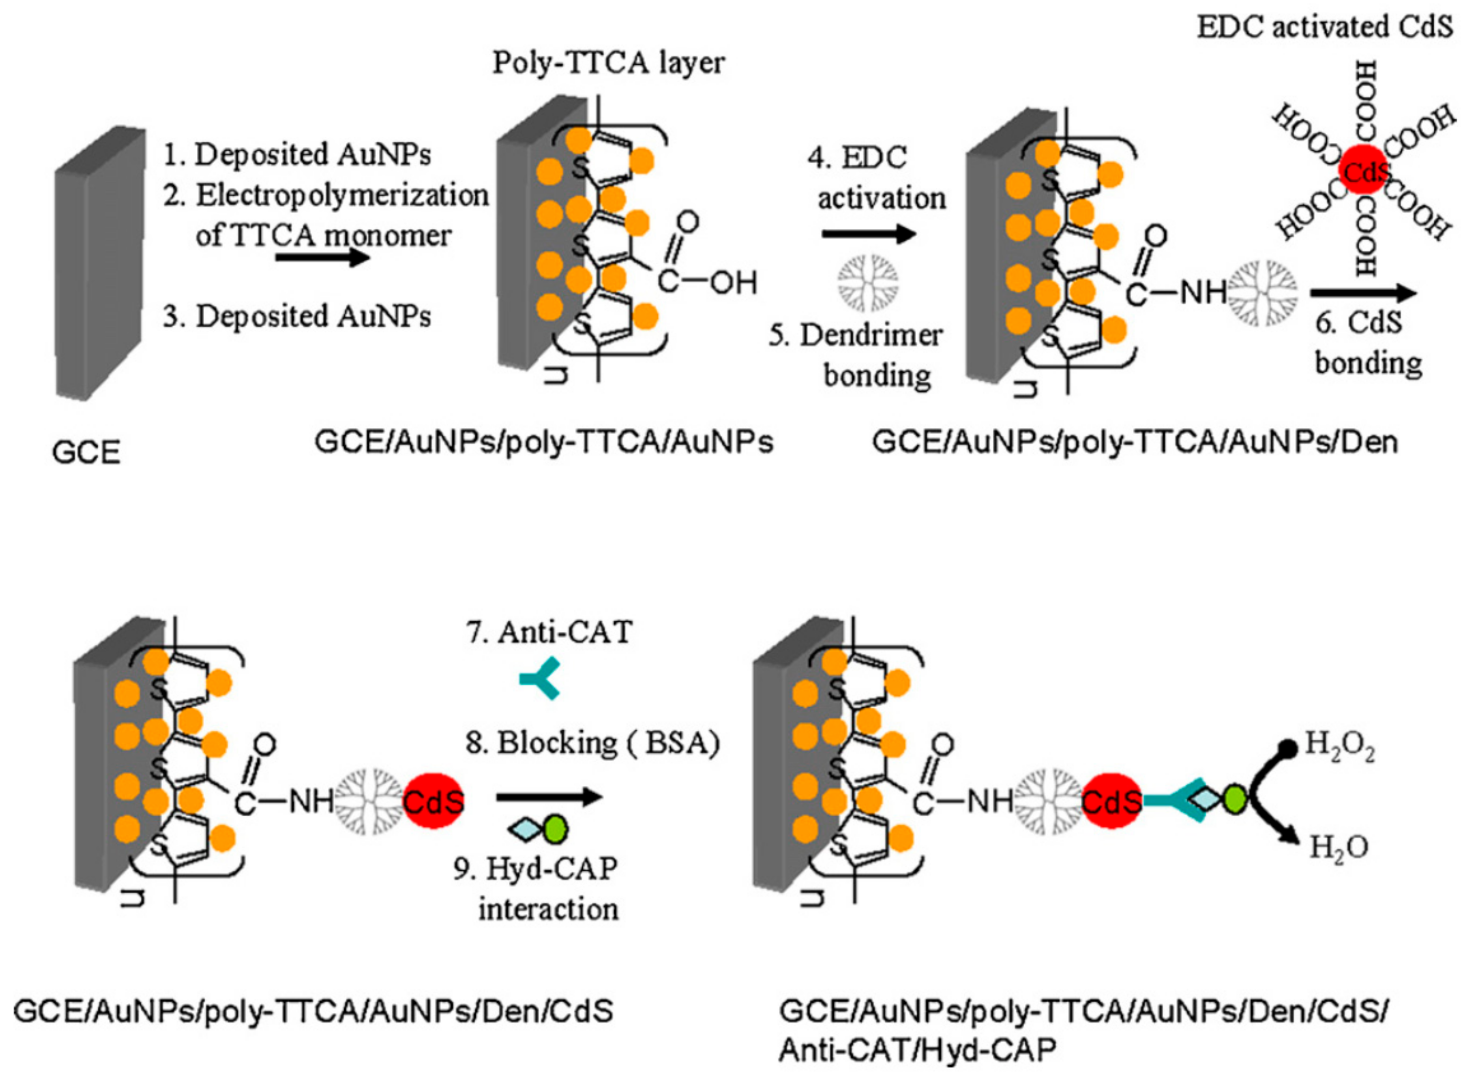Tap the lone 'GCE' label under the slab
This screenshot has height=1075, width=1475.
tap(86, 452)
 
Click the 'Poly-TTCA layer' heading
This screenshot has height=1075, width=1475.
tap(608, 63)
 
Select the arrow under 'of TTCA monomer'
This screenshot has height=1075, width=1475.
tap(322, 258)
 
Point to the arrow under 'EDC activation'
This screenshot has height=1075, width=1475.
tap(869, 234)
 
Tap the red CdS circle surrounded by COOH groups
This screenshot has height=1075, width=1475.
tap(1365, 170)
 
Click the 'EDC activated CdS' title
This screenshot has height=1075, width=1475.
tap(1325, 28)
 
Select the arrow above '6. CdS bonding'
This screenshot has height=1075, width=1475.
tap(1363, 294)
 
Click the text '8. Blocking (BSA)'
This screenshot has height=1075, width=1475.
tap(593, 743)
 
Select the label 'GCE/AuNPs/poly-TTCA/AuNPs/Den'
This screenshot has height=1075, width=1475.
tap(1135, 442)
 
